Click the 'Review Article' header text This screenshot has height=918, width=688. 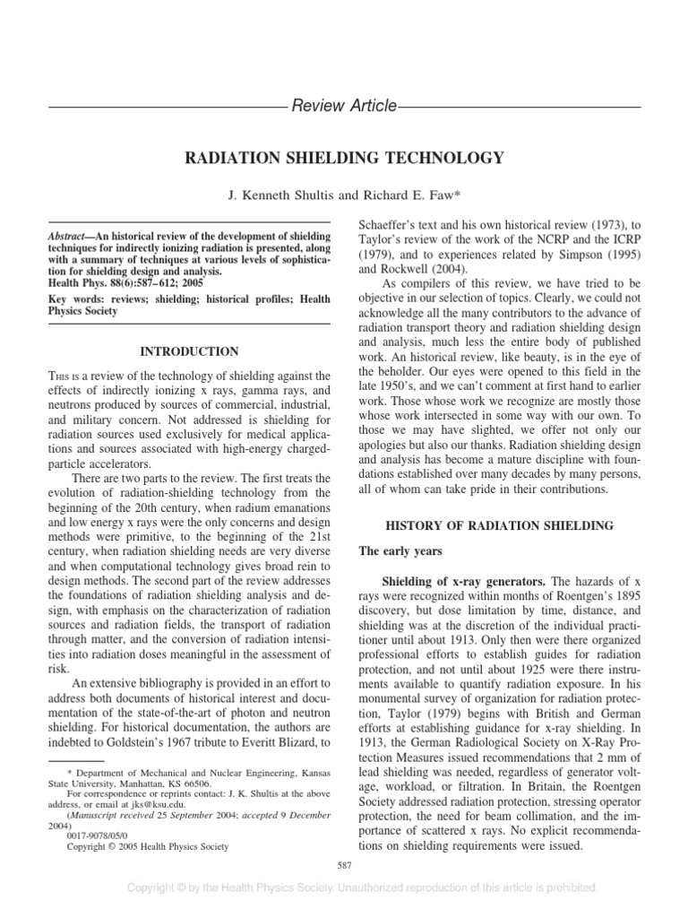click(x=344, y=107)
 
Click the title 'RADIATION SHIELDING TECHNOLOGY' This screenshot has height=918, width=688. click(x=344, y=159)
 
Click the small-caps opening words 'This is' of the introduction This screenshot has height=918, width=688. click(x=62, y=379)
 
